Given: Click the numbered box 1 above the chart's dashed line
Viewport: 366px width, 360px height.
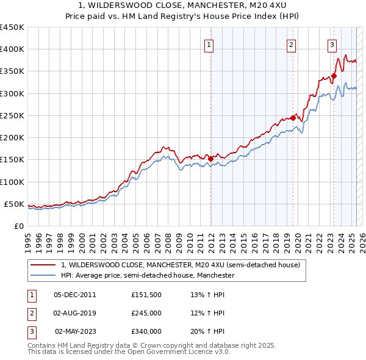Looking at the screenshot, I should pyautogui.click(x=209, y=45).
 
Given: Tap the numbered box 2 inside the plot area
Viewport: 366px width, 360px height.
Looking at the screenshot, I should pyautogui.click(x=292, y=45).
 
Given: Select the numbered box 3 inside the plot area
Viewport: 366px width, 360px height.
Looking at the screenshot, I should pyautogui.click(x=332, y=45).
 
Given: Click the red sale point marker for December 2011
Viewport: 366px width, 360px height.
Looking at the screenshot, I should pyautogui.click(x=211, y=159).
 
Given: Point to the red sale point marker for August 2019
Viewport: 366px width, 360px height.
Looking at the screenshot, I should pyautogui.click(x=293, y=118).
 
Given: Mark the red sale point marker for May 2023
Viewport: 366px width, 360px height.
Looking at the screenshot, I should pyautogui.click(x=334, y=76).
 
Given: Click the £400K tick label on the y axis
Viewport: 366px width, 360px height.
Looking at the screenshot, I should pyautogui.click(x=12, y=49).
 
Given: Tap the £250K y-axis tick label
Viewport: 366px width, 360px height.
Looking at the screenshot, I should pyautogui.click(x=12, y=115).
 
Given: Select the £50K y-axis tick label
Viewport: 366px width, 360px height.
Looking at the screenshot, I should pyautogui.click(x=14, y=204).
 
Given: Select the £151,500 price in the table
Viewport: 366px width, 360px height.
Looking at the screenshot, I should pyautogui.click(x=146, y=295).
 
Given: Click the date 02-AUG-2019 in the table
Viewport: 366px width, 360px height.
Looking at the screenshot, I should pyautogui.click(x=75, y=313).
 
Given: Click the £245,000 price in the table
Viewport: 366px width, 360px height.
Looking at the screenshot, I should pyautogui.click(x=146, y=313).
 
